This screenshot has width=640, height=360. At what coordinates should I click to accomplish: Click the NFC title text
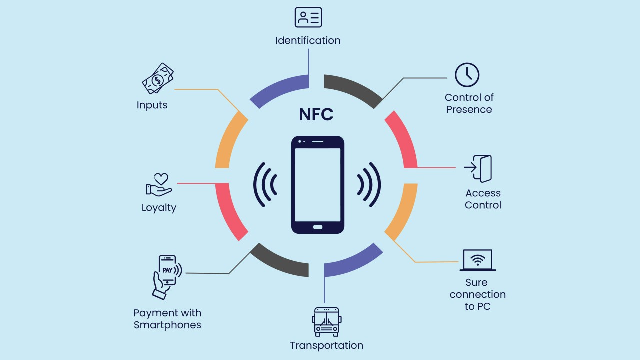pos(316,114)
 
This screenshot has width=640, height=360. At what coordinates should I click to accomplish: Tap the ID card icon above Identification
pos(308,17)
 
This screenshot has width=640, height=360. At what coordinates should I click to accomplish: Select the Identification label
pos(308,40)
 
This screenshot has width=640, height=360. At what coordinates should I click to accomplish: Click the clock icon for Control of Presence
pos(467,75)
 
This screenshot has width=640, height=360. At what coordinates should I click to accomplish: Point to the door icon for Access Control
pos(478,169)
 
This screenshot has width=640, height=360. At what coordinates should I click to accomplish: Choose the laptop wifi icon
pos(478,260)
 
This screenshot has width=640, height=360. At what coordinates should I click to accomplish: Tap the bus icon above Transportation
pos(326,321)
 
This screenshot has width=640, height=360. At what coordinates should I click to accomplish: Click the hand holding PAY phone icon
pos(167,276)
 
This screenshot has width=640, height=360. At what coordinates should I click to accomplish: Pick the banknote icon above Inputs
pos(158,79)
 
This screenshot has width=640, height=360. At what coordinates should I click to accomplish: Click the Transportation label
pos(326,345)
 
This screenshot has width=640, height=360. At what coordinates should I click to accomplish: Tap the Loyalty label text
pos(159,208)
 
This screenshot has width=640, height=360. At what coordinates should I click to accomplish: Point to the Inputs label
pos(152,105)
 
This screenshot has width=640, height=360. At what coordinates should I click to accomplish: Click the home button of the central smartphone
pos(318,227)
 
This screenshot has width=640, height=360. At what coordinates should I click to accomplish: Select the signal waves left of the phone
pos(265,184)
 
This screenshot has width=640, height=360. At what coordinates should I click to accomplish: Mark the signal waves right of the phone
pos(369,184)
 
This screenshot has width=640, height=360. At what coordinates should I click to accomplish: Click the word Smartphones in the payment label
pos(167,325)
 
